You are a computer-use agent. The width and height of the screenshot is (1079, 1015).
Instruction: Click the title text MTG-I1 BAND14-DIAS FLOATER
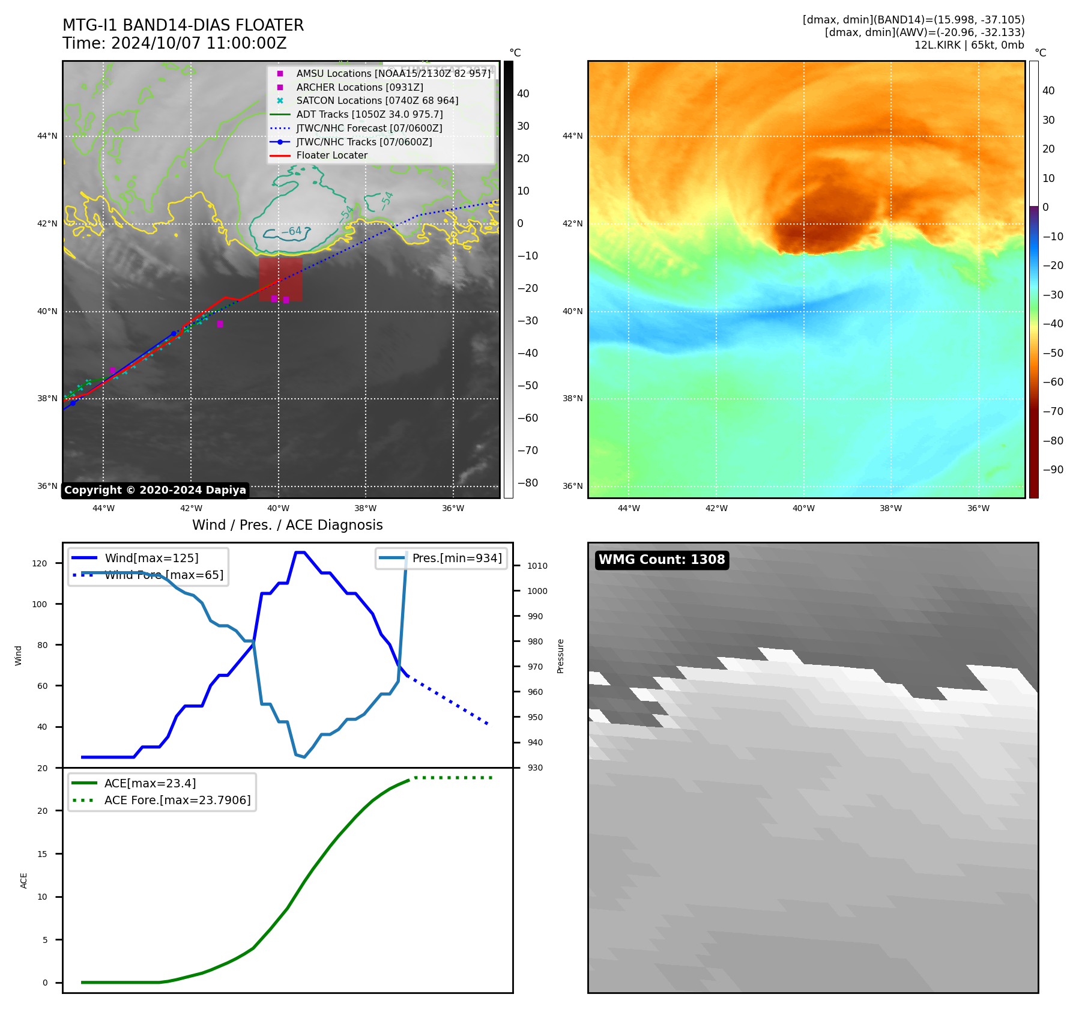click(183, 25)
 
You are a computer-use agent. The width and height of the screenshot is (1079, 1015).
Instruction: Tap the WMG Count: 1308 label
click(662, 560)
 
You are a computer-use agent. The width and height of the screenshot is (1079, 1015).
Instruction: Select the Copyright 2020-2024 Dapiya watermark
click(155, 490)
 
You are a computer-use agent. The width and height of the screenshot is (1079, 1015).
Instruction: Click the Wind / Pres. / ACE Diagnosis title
click(287, 525)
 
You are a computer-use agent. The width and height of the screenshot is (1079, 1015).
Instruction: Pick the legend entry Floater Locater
click(331, 156)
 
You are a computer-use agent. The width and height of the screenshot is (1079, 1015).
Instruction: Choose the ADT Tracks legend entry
click(369, 114)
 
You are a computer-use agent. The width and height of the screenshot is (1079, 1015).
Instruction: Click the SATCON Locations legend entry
click(377, 101)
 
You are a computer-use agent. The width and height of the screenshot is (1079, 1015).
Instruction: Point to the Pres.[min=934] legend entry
click(457, 558)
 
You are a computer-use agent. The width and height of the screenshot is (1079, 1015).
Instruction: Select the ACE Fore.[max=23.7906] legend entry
click(177, 800)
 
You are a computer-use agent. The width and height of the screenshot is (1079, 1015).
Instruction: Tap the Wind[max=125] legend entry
click(151, 558)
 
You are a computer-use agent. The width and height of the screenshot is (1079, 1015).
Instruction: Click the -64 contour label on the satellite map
click(292, 231)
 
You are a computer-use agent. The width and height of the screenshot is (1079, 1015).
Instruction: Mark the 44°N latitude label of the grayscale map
click(47, 136)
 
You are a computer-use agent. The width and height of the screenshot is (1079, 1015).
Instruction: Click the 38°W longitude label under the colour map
click(890, 508)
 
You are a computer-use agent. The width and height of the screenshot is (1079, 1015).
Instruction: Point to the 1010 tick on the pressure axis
click(537, 566)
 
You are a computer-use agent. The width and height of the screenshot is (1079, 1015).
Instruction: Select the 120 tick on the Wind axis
click(40, 563)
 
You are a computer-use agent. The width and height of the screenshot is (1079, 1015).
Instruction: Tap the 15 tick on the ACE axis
click(42, 853)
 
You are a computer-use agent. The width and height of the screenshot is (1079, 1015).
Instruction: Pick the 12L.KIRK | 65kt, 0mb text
click(969, 45)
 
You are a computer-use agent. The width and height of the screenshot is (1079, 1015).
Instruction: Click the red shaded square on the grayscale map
click(280, 279)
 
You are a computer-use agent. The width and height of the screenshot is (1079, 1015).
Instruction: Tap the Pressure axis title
click(560, 656)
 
